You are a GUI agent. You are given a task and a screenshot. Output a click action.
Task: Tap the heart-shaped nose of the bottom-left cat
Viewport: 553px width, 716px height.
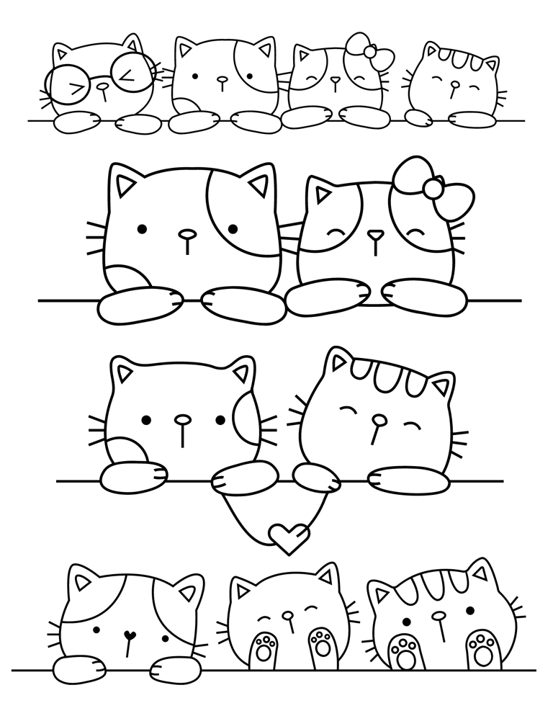click(x=130, y=635)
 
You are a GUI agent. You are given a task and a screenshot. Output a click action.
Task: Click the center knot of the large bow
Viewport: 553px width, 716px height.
click(x=433, y=188)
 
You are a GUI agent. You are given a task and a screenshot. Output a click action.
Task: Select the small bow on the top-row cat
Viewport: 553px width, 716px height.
click(x=369, y=51)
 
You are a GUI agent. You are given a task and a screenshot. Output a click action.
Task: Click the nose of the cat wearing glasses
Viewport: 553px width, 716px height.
click(x=104, y=85)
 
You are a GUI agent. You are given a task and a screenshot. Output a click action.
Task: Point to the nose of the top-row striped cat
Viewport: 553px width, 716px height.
click(x=454, y=84)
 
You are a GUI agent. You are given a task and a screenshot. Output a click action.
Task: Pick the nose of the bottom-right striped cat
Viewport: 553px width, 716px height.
click(x=438, y=617)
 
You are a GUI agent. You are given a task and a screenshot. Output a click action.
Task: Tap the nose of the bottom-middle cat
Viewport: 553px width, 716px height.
click(x=288, y=616)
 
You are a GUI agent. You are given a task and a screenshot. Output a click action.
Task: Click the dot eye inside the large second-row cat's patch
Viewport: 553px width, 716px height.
click(x=233, y=229)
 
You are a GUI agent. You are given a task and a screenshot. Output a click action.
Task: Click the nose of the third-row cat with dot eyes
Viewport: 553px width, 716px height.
click(x=183, y=419)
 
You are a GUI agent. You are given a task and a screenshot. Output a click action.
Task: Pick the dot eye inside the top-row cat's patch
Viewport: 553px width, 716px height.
click(x=248, y=76)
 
